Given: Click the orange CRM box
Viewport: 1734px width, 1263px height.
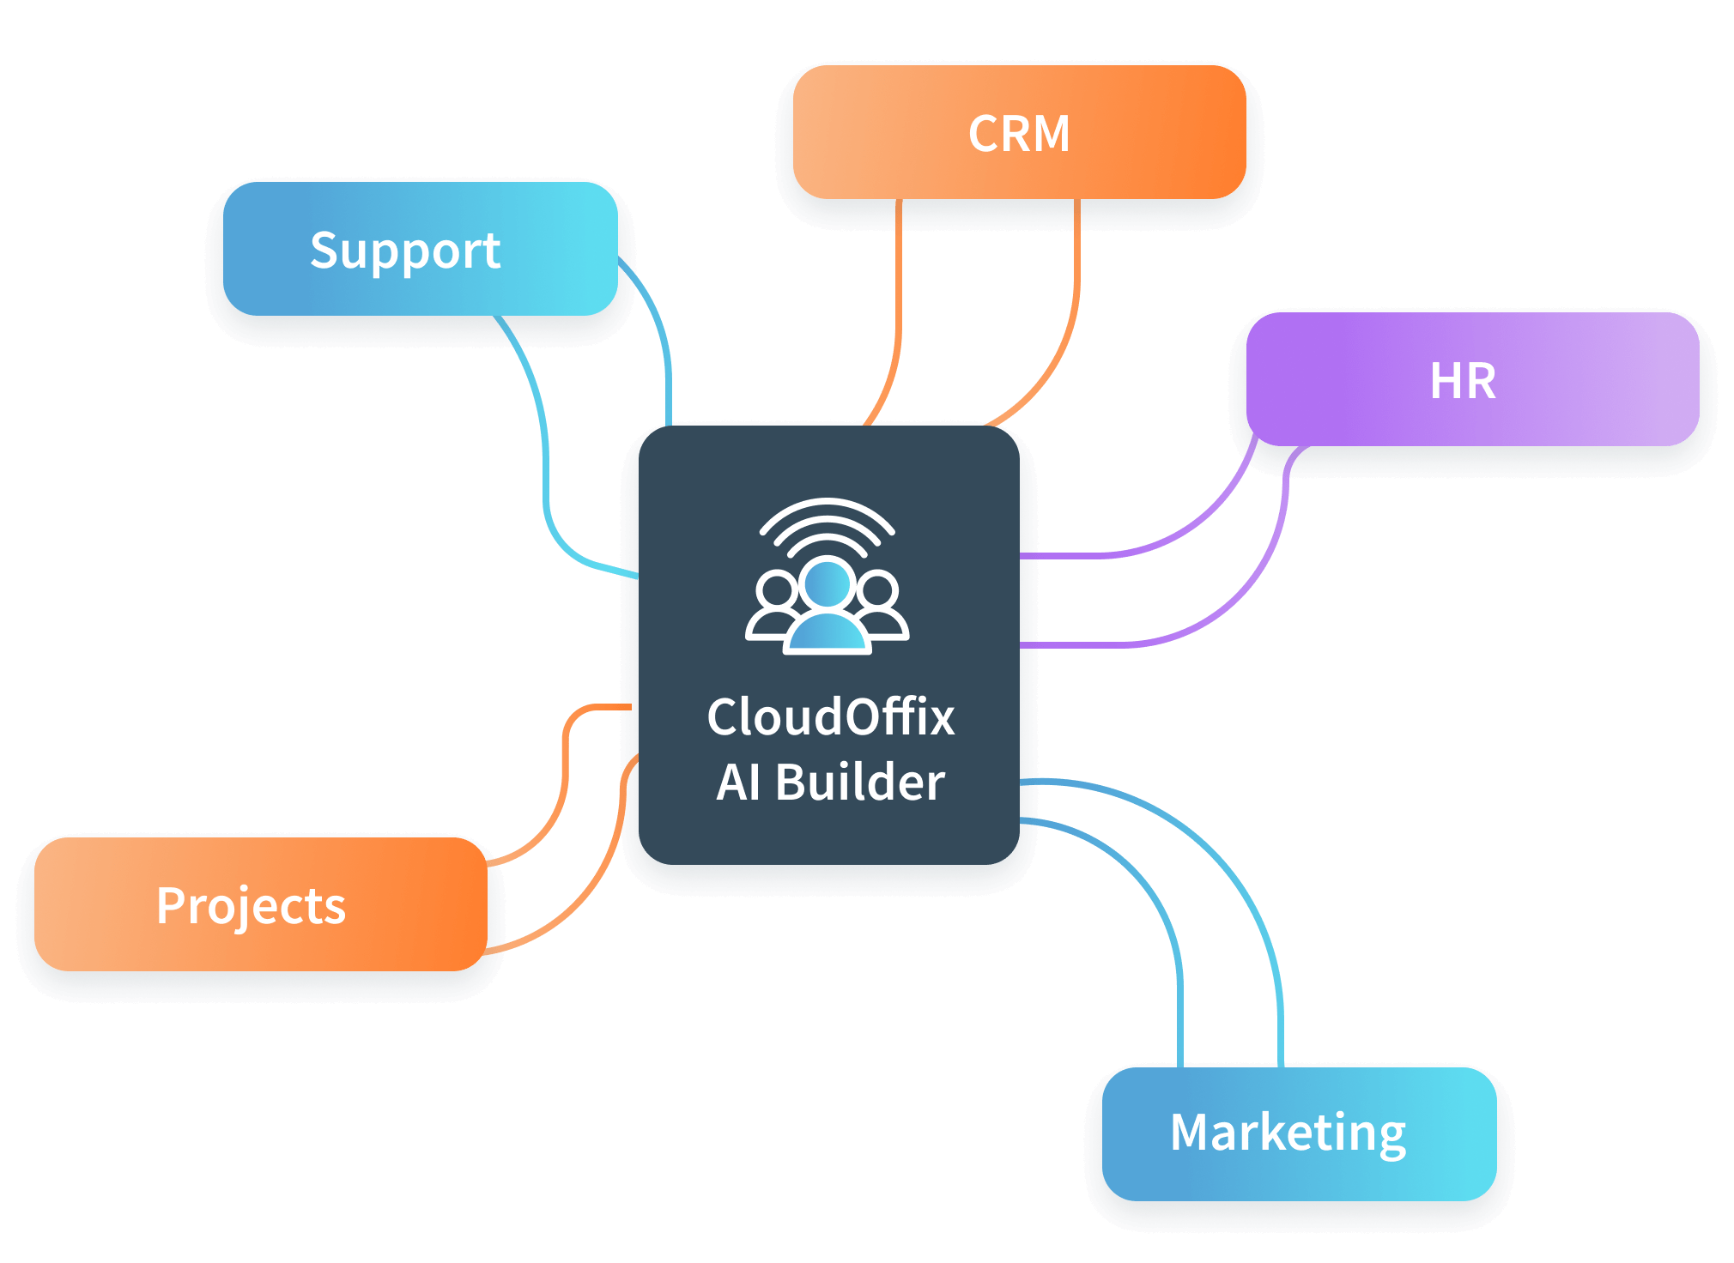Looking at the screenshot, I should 1019,133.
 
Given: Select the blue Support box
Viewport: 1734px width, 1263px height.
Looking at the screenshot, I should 421,249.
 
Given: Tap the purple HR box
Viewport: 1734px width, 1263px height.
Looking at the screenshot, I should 1472,379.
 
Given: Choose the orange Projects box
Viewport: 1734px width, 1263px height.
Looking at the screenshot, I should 260,904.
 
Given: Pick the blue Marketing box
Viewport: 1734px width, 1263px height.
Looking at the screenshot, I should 1299,1133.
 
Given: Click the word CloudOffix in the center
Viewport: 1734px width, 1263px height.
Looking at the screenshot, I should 830,716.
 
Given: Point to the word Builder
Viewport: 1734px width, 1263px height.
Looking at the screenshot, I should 859,782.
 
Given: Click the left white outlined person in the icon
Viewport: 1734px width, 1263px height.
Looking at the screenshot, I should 774,605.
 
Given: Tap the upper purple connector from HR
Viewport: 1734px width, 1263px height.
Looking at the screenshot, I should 1185,532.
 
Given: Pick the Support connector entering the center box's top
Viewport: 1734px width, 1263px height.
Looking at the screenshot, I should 666,360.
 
